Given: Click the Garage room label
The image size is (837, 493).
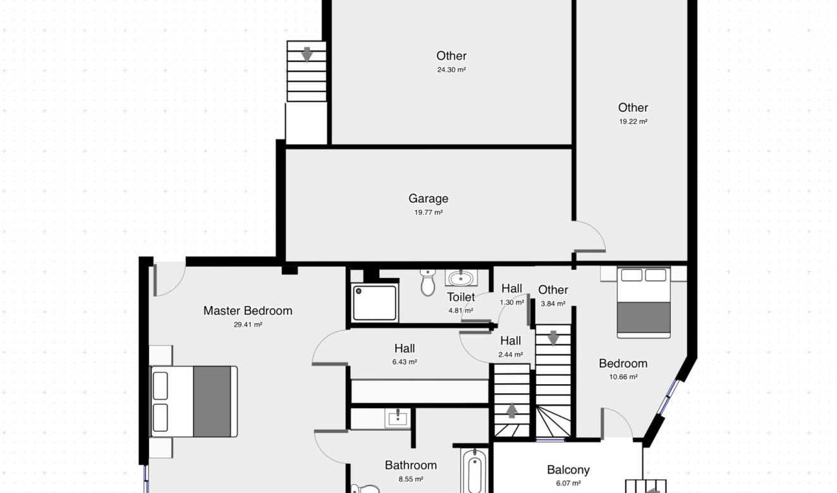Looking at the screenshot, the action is [x=428, y=198].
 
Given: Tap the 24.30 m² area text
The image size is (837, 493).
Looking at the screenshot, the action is [x=451, y=70].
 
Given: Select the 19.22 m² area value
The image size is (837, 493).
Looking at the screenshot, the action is [x=633, y=122].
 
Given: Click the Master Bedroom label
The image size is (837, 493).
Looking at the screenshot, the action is [x=248, y=311].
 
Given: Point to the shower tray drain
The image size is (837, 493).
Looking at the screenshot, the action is [x=358, y=291].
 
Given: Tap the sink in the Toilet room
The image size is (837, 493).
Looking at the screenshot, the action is [x=461, y=278].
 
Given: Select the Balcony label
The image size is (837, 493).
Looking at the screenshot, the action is [x=568, y=470].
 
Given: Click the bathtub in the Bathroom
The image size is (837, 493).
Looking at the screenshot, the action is [x=475, y=472].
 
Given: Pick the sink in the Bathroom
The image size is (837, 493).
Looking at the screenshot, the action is [x=398, y=418].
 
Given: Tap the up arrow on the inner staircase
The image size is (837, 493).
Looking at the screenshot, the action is [x=511, y=410].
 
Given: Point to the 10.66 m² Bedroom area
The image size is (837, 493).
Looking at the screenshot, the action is [x=623, y=377].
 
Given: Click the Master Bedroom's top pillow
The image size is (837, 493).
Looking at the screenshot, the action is [x=161, y=386].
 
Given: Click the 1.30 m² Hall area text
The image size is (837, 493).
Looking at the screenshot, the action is [x=512, y=303].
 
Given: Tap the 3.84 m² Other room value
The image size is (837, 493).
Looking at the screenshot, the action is [x=553, y=304].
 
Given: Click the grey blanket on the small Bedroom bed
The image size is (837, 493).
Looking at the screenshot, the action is [x=644, y=317].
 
